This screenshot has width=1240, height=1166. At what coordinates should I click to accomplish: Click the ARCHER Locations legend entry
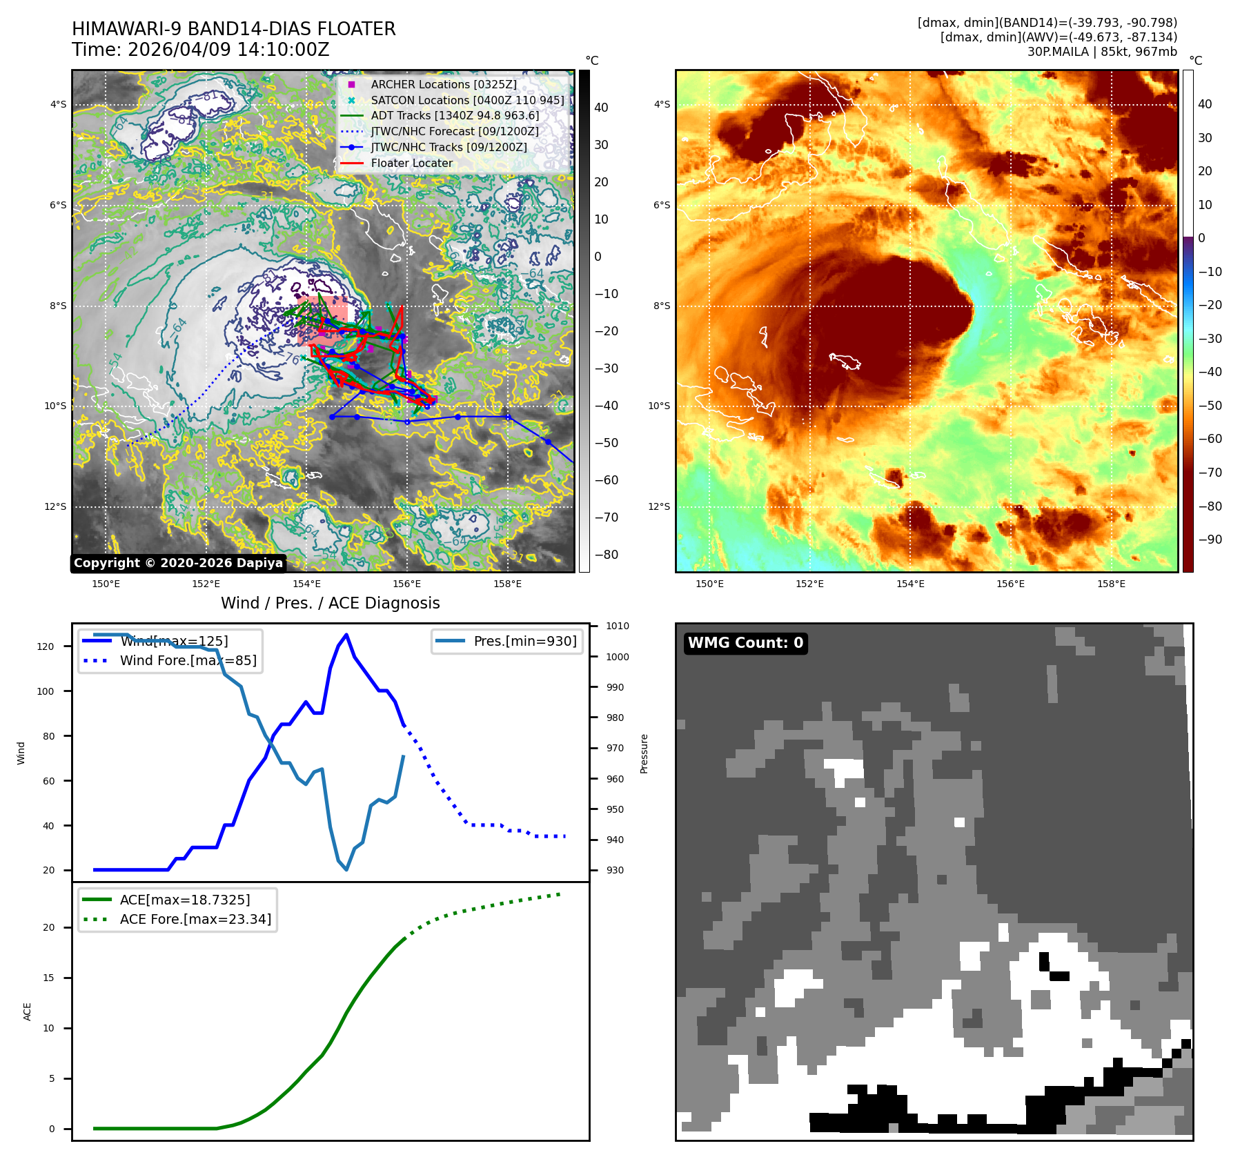click(x=443, y=84)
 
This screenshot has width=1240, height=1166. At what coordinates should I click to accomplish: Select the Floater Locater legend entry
click(x=411, y=163)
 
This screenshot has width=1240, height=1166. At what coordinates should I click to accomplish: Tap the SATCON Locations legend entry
click(x=466, y=100)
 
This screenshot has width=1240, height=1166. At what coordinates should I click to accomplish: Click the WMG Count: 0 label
click(x=745, y=643)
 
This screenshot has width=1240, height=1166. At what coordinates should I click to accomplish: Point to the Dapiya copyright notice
click(x=178, y=563)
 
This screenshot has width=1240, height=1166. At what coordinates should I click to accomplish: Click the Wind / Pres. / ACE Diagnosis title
click(x=330, y=603)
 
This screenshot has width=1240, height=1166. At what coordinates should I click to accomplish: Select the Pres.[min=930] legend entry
click(x=524, y=641)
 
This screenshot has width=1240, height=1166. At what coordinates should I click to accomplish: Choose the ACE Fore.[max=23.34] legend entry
click(x=195, y=919)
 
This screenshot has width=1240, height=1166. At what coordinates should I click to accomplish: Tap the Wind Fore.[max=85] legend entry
click(x=188, y=660)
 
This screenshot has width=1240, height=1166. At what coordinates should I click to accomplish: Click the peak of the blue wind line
click(x=346, y=635)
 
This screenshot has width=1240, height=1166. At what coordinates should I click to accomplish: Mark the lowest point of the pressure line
click(x=346, y=869)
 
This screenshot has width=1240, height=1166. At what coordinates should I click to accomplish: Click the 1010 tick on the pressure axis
click(x=618, y=626)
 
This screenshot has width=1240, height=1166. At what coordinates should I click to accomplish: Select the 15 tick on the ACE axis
click(x=49, y=978)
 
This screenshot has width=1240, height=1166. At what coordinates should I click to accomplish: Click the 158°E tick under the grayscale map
click(x=507, y=584)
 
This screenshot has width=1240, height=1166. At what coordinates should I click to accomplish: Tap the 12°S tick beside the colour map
click(x=659, y=506)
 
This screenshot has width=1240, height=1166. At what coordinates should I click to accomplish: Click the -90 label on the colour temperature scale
click(x=1210, y=540)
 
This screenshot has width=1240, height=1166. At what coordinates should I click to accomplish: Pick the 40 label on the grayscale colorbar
click(x=601, y=108)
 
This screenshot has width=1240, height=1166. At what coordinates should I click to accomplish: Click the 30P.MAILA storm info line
click(x=1102, y=52)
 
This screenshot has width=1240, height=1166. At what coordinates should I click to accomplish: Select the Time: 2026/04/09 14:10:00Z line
click(x=201, y=50)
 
